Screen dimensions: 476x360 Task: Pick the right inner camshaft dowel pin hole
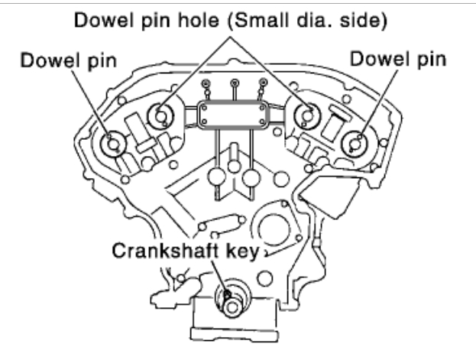(308, 116)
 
